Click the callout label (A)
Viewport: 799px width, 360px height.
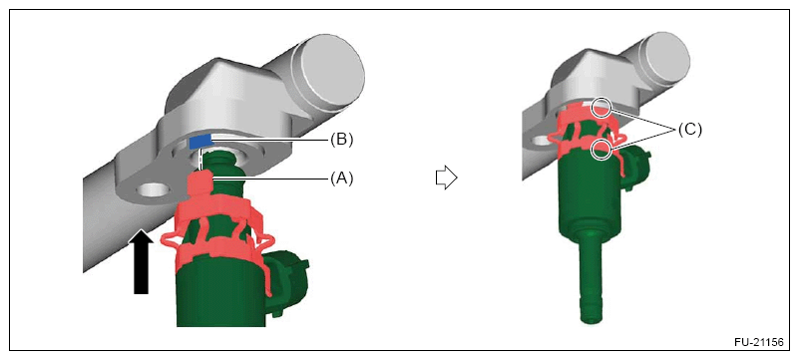[x=341, y=179]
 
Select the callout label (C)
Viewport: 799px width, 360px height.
[x=689, y=130]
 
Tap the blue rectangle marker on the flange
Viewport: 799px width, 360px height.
[x=200, y=142]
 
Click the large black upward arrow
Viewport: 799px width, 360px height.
[x=142, y=261]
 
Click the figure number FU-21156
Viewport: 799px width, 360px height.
[x=758, y=342]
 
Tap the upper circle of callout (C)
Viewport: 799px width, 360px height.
[x=601, y=107]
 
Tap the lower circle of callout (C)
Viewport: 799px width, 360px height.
[x=602, y=150]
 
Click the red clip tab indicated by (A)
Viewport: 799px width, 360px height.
[x=200, y=183]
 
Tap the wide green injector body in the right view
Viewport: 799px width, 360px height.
[x=590, y=196]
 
